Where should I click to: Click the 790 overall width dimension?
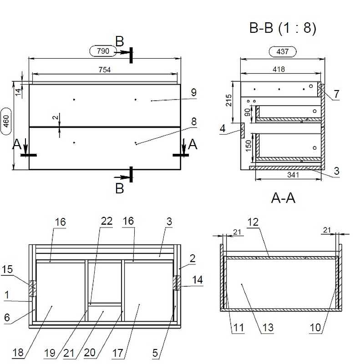pos(103,51)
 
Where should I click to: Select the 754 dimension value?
pos(105,70)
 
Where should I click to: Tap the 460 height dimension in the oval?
pos(6,121)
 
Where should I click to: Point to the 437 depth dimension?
pos(283,51)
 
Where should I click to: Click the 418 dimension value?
pos(279,69)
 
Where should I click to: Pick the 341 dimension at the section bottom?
pos(293,175)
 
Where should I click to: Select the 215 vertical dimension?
pos(229,100)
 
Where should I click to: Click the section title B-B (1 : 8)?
pos(283,28)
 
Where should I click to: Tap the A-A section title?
pos(283,198)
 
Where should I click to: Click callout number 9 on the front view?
pos(194,92)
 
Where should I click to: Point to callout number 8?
pos(194,121)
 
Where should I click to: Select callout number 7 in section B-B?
pos(336,94)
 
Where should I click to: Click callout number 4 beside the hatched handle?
pos(223,128)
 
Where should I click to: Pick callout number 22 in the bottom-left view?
pos(106,221)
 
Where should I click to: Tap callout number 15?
pos(7,269)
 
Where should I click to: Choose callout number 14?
pos(198,280)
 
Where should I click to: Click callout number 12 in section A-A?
pos(253,222)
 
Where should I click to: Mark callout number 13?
pos(268,328)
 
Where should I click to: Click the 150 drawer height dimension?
pos(248,146)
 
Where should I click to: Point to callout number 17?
pos(118,353)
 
